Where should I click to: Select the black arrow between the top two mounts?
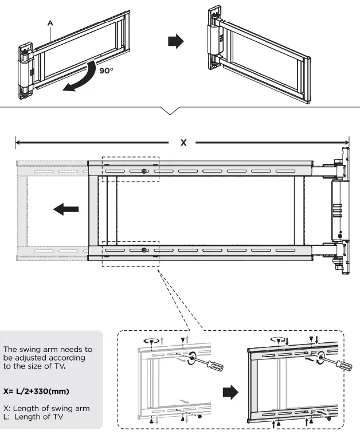tap(175, 41)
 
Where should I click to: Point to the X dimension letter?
tap(183, 142)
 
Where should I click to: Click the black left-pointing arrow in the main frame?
tap(66, 209)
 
